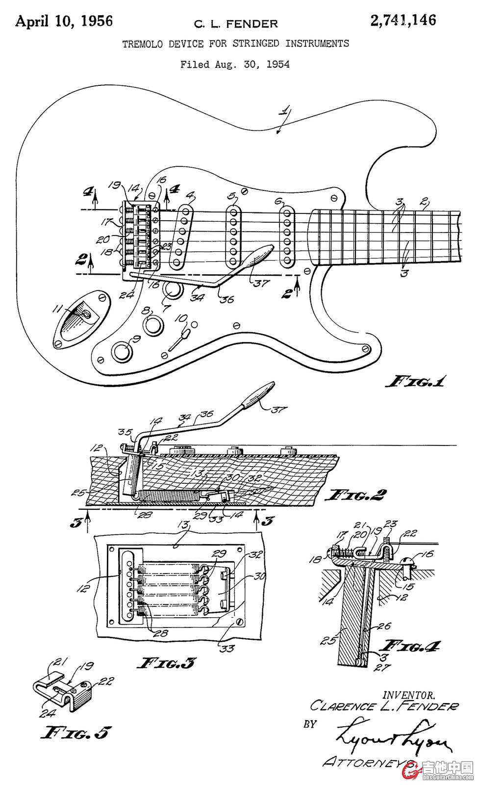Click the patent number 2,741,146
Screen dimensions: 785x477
(403, 20)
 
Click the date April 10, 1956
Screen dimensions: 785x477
(64, 21)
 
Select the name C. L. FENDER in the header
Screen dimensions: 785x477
(236, 24)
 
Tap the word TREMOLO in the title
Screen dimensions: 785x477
(142, 44)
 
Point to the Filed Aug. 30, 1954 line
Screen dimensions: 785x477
(235, 64)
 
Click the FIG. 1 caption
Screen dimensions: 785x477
(416, 381)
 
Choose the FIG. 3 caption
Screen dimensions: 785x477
(166, 663)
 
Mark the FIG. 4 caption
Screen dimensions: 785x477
(412, 646)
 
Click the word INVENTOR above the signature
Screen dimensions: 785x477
(408, 695)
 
